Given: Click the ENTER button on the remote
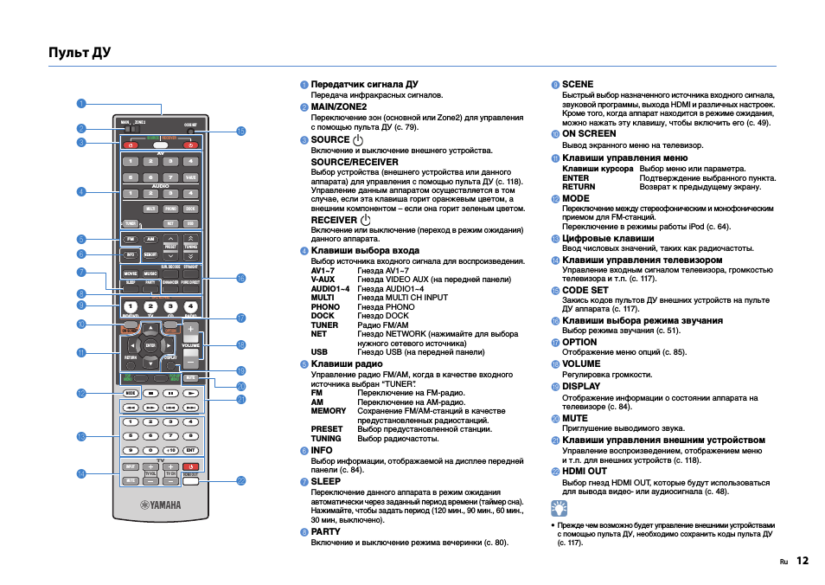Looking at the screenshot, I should [x=150, y=345].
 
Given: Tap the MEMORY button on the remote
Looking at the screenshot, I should [x=150, y=255].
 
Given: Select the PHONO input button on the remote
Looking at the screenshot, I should [x=170, y=209].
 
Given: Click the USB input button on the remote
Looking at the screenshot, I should [x=191, y=223].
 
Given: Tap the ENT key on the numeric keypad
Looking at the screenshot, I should [x=191, y=450].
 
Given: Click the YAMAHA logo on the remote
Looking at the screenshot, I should [x=162, y=506].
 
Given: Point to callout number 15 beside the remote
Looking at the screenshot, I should [x=241, y=132].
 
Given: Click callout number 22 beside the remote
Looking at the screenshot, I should [x=241, y=480].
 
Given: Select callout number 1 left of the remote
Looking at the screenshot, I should [x=80, y=104].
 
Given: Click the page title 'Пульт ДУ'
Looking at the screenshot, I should [x=80, y=53].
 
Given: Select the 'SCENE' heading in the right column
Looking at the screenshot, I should [x=578, y=84].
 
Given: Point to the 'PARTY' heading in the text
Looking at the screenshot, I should [x=326, y=531].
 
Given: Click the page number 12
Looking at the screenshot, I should [x=803, y=561].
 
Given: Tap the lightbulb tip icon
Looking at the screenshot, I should [x=563, y=508].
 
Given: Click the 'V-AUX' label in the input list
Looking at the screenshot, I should [x=323, y=280].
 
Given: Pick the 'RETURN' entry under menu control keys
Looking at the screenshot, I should [x=579, y=186].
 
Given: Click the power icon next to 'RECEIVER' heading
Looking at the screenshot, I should [x=364, y=220].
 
